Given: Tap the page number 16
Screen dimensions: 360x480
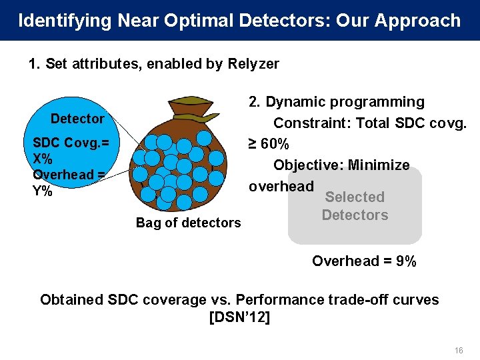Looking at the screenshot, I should pos(458,350).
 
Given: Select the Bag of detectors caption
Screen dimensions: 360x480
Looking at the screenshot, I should pos(188,223).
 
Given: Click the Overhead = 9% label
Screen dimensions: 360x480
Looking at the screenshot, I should pos(364,261).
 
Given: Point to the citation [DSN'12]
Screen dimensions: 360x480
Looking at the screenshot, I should pos(239,317).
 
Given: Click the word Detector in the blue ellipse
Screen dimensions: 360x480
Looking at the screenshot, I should pos(77,119).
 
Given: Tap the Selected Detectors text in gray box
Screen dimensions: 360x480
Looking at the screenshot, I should pos(355,206).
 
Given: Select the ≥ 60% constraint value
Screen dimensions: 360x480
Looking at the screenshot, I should pos(269,144).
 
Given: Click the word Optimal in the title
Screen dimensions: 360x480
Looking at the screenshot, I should pos(193,21).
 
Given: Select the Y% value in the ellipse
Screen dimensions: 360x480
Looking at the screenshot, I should pos(42,190).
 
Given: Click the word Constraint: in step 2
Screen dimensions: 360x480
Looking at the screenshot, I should pos(312,123).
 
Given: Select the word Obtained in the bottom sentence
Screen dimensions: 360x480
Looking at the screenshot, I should pos(68,299).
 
